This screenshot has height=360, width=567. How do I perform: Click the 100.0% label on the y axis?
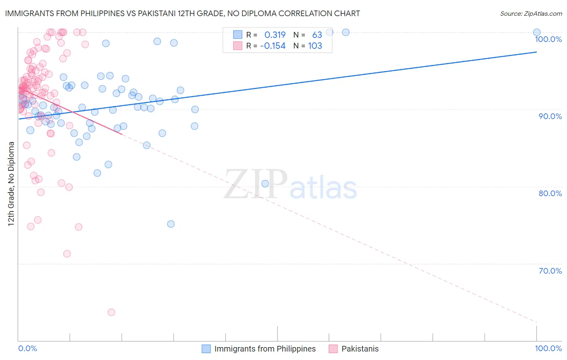548,39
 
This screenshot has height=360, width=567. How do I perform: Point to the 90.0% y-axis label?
550,116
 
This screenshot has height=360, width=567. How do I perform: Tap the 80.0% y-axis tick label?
550,193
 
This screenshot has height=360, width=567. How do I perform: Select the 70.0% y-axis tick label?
550,271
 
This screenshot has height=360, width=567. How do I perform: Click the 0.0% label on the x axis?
27,348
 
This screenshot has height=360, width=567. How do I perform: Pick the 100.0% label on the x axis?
548,348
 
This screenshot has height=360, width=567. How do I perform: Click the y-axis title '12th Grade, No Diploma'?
11,184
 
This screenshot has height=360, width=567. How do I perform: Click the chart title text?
182,13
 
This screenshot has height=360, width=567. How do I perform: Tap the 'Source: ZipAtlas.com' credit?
531,14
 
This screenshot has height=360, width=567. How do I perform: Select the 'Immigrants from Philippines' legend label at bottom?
265,349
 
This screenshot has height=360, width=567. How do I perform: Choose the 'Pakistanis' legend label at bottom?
360,349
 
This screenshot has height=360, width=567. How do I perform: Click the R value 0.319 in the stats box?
275,35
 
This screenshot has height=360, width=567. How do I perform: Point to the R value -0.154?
273,46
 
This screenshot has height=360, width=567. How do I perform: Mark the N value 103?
315,46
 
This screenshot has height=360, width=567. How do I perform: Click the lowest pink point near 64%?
111,312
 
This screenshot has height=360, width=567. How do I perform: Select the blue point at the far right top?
537,32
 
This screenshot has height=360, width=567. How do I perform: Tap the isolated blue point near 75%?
171,224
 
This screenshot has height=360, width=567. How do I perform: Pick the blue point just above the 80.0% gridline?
265,184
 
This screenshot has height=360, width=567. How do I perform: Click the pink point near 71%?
67,254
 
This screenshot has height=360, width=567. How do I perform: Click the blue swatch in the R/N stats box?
238,35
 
